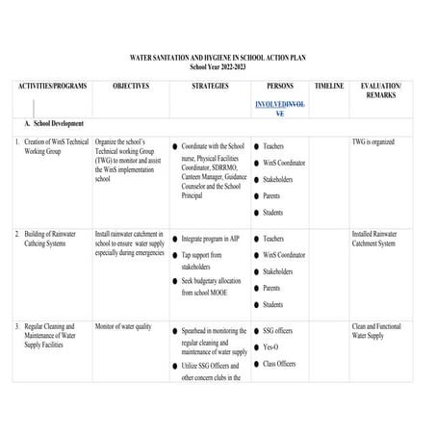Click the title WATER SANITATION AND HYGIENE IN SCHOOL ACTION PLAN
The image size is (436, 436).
coord(218,58)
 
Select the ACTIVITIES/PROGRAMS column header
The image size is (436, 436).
coord(52,86)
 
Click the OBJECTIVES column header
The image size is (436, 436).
coord(131,86)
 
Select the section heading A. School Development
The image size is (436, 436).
coord(55,124)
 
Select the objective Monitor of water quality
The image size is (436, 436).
coord(123,326)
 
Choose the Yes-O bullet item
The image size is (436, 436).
coord(272,347)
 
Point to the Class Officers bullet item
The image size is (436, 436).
coord(280,364)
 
